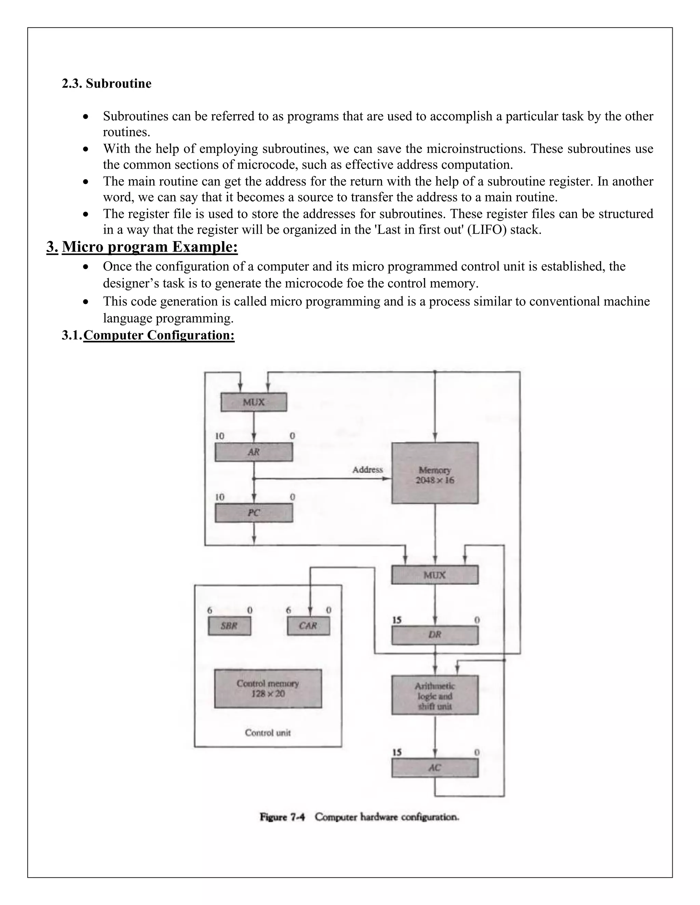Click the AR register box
[x=253, y=452]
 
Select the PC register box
[x=253, y=513]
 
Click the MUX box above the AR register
[x=253, y=402]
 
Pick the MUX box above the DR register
[x=435, y=575]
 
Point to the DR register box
[x=435, y=635]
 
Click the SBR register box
[x=229, y=626]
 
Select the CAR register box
[x=308, y=626]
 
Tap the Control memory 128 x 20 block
[x=268, y=688]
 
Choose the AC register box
[x=435, y=768]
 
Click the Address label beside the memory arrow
[x=367, y=470]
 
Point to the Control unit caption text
[x=268, y=733]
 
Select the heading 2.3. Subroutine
[x=107, y=83]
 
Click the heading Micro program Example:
[x=150, y=247]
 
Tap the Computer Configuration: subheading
[x=159, y=335]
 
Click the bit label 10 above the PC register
[x=220, y=497]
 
